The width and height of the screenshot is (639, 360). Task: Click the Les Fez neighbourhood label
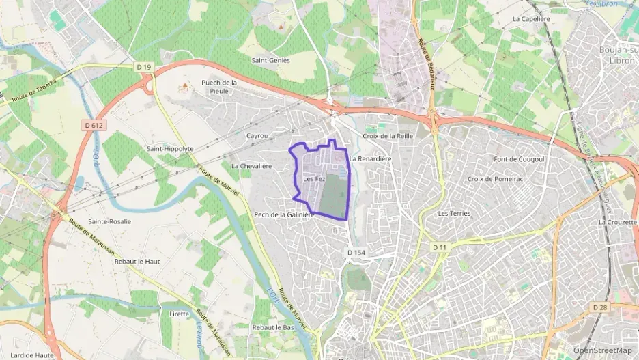[314, 179]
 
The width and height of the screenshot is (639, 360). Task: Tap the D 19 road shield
[143, 67]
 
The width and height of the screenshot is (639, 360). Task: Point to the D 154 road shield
[356, 252]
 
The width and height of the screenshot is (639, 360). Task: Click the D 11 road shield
[439, 247]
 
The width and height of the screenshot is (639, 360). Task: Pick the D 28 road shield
[600, 307]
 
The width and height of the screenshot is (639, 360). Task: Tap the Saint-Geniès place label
[270, 60]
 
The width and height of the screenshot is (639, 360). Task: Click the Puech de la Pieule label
[218, 87]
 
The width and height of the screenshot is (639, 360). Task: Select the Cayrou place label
[257, 136]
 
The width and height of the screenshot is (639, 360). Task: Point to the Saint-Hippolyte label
[170, 148]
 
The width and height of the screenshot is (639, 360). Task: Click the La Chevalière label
[251, 166]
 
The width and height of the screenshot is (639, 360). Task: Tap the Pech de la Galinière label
[284, 214]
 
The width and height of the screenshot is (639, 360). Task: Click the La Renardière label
[370, 158]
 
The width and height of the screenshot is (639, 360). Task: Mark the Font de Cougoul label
[518, 159]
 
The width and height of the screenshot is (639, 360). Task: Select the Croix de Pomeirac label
[494, 179]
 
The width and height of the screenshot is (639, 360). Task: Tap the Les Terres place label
[454, 214]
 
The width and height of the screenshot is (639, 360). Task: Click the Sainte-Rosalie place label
[109, 221]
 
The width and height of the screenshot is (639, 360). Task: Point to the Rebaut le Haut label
[137, 262]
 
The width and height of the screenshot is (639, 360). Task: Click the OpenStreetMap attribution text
[603, 350]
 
